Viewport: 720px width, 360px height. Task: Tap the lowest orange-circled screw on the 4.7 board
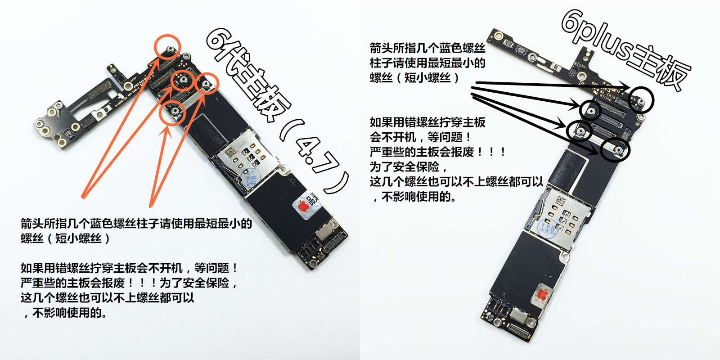(175, 111)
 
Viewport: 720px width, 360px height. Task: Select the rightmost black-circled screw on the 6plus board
(641, 101)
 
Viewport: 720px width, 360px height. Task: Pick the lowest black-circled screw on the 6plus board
(617, 150)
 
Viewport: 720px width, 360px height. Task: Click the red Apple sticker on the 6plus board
(542, 294)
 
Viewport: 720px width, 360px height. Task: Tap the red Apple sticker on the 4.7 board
(305, 206)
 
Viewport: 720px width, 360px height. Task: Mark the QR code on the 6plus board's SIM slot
(560, 201)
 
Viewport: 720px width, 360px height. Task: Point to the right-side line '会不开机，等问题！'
(420, 137)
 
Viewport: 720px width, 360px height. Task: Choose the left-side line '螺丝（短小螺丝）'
(66, 238)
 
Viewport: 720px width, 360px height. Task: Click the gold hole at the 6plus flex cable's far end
(498, 35)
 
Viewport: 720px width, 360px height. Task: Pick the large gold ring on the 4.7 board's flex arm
(128, 85)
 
